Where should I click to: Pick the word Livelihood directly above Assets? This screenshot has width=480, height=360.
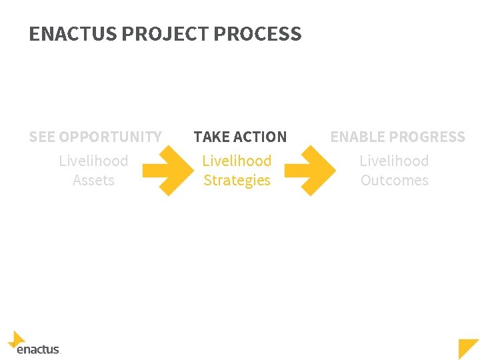point(93,161)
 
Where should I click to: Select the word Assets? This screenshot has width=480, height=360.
point(93,181)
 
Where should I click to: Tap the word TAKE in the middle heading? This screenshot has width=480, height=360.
point(211,137)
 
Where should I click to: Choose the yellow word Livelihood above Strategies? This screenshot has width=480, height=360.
point(237,161)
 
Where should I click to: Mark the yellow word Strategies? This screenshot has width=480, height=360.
point(237,181)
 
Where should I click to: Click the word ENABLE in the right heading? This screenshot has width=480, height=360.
point(356,137)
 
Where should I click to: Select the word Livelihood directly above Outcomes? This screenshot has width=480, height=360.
point(394,161)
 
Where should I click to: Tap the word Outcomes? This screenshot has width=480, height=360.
point(394,181)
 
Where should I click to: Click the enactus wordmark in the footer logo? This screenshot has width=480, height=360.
point(38,349)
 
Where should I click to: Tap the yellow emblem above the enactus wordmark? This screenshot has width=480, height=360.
point(17,339)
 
